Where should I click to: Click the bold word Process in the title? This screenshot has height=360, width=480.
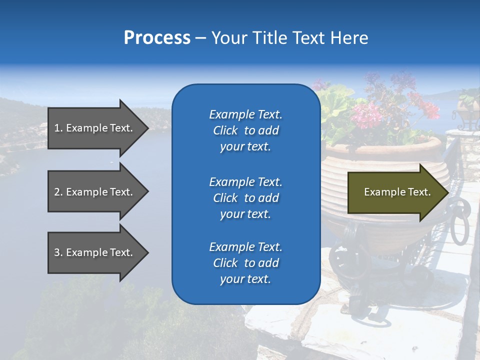157,38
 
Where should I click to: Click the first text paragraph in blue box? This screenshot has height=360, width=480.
245,130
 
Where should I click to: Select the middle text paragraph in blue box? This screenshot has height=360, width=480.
245,198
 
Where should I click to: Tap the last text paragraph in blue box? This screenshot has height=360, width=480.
245,263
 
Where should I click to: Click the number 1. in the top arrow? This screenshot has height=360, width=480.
58,128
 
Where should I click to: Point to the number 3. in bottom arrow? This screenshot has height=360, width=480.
58,252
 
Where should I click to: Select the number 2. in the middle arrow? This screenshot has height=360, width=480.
58,192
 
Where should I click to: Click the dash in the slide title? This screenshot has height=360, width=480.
200,38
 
